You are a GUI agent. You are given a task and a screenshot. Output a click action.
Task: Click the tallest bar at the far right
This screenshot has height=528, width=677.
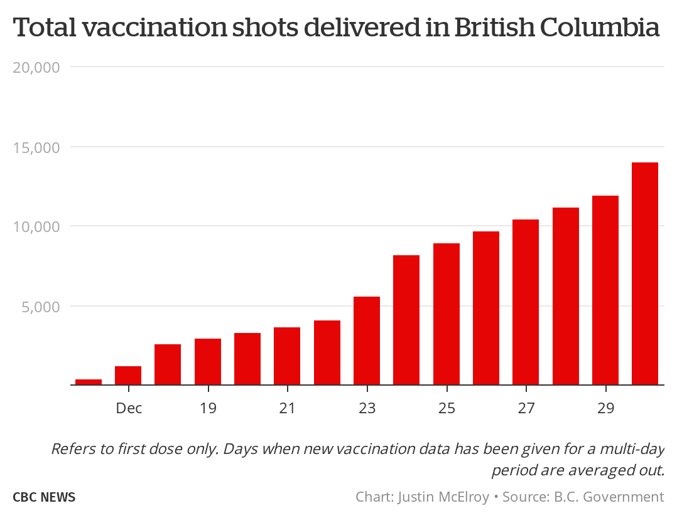point(644,273)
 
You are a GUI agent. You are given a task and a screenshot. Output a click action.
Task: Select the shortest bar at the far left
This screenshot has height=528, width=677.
point(89,382)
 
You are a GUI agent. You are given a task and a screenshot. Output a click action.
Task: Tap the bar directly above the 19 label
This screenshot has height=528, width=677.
point(208,362)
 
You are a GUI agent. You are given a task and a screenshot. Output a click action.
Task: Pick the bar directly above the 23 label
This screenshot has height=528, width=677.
point(367,341)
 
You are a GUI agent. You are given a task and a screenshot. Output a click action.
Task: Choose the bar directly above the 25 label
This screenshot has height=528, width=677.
point(447,314)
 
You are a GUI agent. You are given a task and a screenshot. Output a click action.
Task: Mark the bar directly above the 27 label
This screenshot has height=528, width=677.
point(526,302)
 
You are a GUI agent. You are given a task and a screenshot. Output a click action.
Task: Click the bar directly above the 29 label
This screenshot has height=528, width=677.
point(605,290)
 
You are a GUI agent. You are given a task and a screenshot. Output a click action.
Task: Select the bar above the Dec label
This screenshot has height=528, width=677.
point(128,376)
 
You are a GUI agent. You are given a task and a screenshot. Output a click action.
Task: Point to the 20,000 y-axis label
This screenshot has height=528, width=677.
point(36,67)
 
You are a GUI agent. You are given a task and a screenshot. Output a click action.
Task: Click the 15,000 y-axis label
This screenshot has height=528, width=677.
point(36,147)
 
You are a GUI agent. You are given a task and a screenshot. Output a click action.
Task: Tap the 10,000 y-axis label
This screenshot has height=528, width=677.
point(36,226)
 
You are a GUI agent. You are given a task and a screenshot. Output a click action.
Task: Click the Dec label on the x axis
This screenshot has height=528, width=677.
point(129,408)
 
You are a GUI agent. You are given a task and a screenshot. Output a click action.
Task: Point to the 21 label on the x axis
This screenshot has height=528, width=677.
point(288,408)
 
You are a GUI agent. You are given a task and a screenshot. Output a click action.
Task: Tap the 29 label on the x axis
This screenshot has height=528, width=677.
point(605,408)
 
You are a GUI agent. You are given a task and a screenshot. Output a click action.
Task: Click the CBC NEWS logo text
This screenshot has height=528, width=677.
point(44,497)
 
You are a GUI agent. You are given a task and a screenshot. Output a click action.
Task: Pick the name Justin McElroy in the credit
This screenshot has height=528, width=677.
point(443,497)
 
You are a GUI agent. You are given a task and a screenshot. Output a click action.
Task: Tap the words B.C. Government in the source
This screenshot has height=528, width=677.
point(608,497)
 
